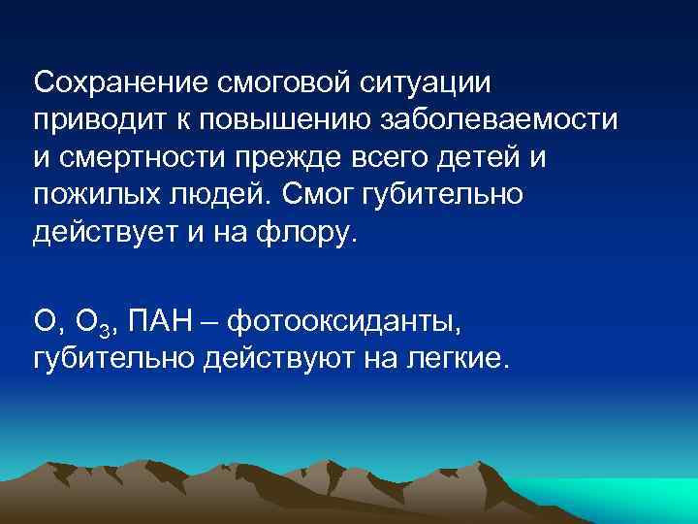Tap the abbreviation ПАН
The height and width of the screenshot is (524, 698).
pyautogui.click(x=172, y=321)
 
